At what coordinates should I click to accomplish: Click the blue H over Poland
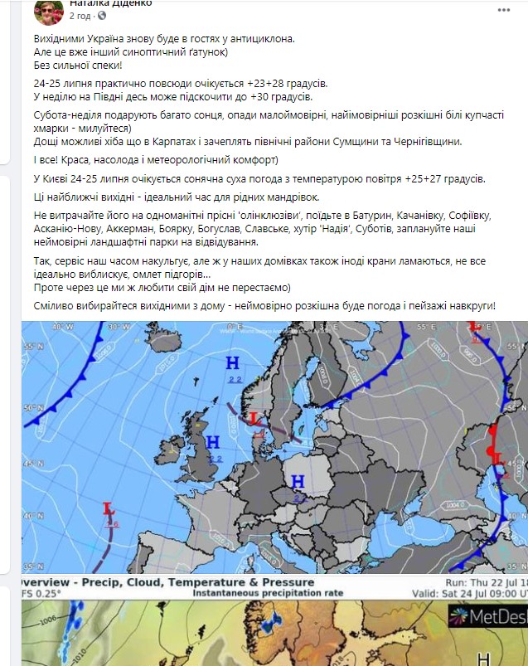coord(298,481)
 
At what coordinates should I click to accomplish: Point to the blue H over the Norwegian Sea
coord(233,362)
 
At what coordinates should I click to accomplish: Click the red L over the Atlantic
coord(108,508)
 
